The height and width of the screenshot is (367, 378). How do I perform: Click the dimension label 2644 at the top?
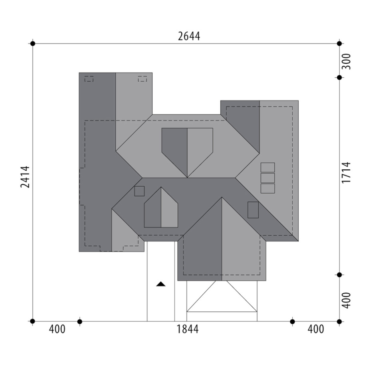(189, 36)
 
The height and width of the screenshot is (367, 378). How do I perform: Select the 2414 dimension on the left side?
(25, 177)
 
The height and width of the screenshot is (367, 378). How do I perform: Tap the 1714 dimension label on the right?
(346, 173)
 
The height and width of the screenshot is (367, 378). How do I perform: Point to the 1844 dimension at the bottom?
(187, 329)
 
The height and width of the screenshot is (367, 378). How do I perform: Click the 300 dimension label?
(346, 62)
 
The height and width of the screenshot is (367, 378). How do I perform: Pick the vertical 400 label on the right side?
(346, 300)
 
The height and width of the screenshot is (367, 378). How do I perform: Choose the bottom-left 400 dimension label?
(57, 329)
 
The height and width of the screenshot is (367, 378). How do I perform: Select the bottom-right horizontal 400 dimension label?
(316, 329)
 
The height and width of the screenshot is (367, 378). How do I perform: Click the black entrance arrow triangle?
(161, 284)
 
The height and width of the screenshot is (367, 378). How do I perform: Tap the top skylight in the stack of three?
(267, 167)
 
